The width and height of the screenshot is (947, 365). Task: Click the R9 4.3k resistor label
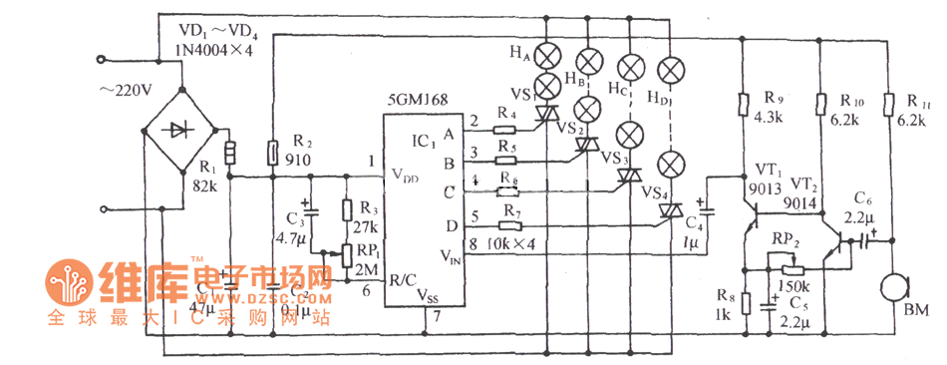(775, 108)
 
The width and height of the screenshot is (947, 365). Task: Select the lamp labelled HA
(547, 55)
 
